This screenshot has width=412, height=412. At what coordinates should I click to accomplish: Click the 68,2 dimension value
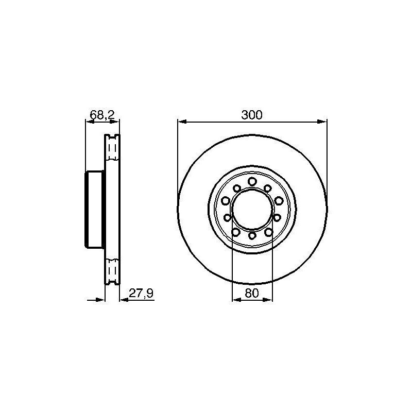pos(102,115)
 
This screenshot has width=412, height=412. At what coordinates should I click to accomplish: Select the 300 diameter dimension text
pos(252,115)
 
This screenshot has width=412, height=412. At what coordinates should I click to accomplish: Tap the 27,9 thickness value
pos(141,293)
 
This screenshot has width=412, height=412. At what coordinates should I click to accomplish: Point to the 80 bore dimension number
pos(252,293)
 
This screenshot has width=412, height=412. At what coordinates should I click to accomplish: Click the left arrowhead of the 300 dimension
pos(182,122)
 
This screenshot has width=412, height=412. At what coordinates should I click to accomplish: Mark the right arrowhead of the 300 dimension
pos(322,122)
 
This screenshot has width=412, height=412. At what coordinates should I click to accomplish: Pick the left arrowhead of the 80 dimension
pos(237,300)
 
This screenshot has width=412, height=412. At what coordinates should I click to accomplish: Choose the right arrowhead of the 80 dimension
pos(268,300)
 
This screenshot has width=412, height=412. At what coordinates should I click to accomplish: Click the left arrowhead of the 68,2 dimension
pos(90,122)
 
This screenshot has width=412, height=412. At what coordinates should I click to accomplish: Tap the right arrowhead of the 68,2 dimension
pos(115,122)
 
